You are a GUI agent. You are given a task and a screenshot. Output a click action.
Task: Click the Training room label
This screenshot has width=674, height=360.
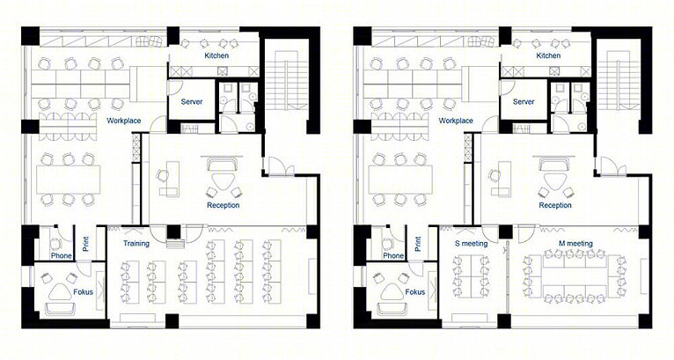tap(136, 244)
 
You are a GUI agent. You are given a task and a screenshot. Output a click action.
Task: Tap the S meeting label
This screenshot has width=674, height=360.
tap(471, 244)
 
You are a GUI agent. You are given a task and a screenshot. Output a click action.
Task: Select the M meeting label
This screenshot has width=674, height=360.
tap(575, 244)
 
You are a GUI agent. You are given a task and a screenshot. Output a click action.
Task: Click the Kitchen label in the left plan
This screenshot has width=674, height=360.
tap(216, 55)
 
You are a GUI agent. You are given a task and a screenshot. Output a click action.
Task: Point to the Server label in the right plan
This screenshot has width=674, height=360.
tap(524, 102)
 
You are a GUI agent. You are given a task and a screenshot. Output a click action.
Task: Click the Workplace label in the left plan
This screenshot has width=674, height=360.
tap(124, 121)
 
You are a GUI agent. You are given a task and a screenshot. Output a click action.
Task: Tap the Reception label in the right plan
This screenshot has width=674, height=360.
tap(555, 205)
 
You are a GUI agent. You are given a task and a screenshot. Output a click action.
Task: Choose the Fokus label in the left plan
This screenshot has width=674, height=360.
tap(84, 292)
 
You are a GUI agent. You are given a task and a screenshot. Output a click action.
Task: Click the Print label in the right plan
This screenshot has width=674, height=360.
tap(418, 244)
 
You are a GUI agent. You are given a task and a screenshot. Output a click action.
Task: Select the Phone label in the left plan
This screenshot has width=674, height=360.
tap(62, 255)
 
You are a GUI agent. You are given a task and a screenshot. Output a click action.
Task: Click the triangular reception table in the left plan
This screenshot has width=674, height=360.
tap(223, 180)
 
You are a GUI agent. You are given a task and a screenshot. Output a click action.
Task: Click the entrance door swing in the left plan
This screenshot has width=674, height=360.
tap(278, 165)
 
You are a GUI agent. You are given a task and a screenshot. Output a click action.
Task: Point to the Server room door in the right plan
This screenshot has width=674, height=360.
tap(506, 87)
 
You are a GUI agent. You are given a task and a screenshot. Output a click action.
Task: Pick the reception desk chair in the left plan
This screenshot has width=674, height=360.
tap(164, 175)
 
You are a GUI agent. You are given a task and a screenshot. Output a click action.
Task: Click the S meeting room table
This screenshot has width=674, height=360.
tap(471, 276)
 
